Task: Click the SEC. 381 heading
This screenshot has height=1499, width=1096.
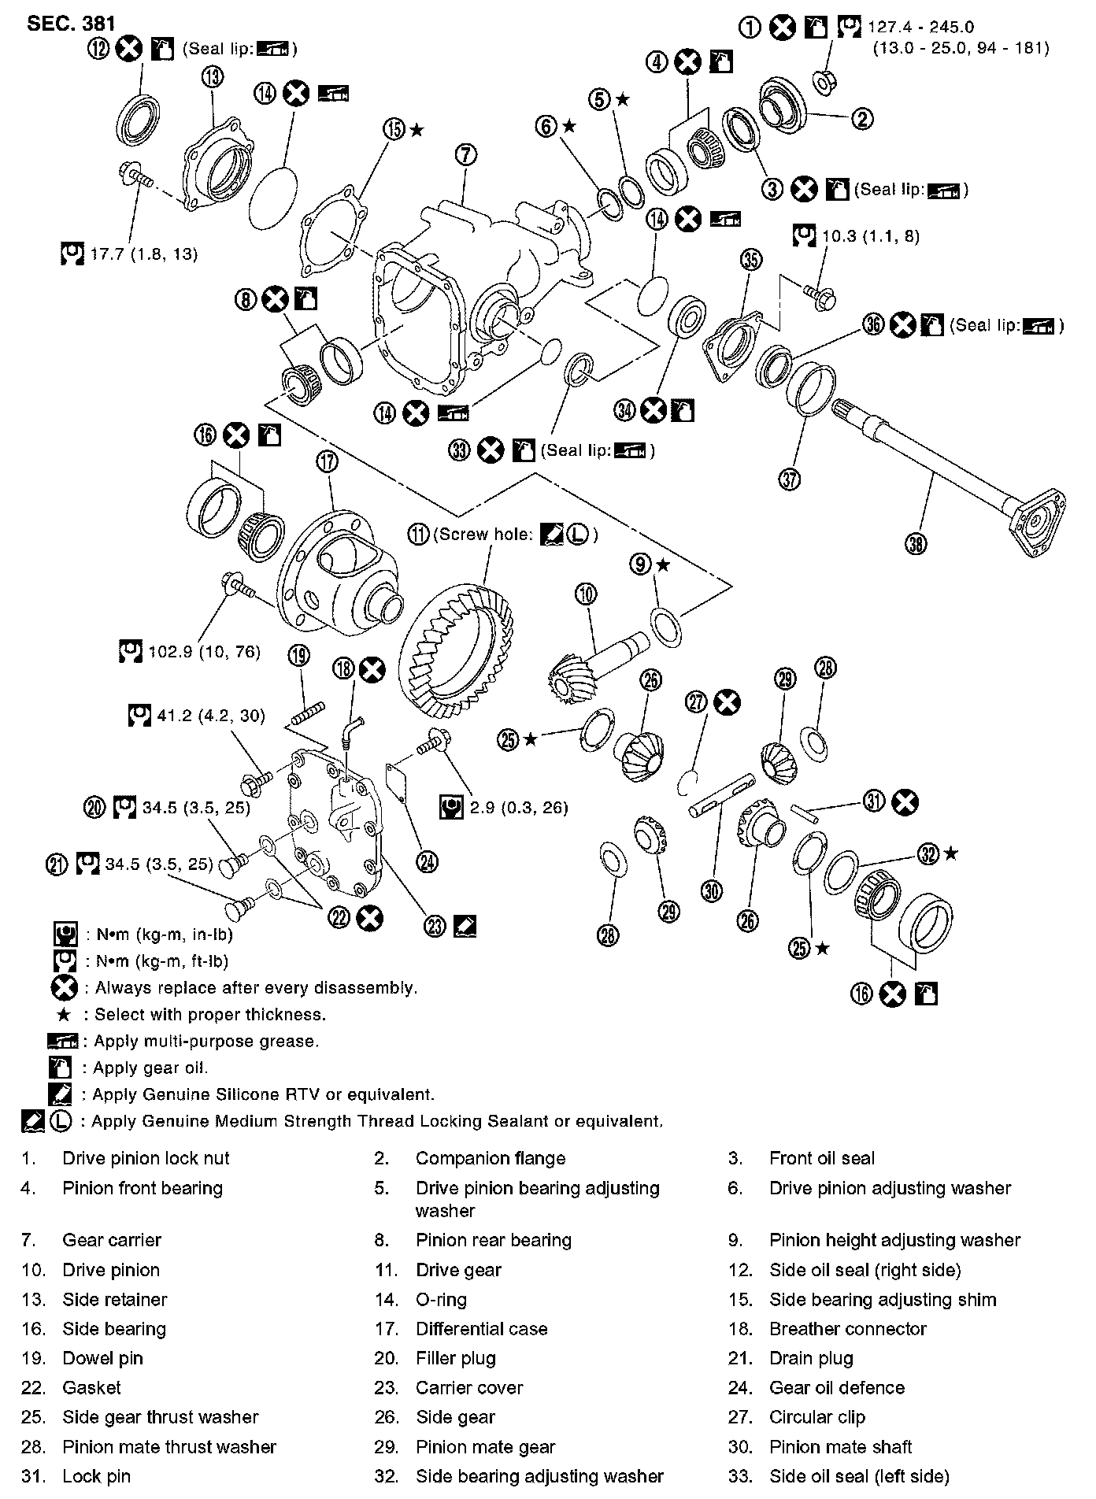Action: click(x=72, y=23)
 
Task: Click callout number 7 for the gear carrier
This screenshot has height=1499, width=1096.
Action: click(x=465, y=154)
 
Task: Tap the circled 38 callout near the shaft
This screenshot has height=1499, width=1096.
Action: click(x=916, y=543)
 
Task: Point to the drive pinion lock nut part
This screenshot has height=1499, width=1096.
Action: click(x=824, y=81)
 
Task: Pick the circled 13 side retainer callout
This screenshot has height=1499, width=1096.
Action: click(x=212, y=77)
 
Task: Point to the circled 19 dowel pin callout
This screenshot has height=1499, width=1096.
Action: click(x=299, y=654)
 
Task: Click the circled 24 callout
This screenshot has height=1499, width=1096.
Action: click(x=428, y=862)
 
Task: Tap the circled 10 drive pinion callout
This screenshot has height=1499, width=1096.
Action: click(x=587, y=594)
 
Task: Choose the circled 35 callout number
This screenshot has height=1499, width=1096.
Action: click(x=751, y=259)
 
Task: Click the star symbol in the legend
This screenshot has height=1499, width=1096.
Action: click(x=65, y=1014)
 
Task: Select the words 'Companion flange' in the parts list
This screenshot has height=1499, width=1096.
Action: click(x=490, y=1158)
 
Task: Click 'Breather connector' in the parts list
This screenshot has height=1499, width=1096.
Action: click(x=847, y=1328)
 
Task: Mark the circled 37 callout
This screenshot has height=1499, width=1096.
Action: click(x=790, y=478)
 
